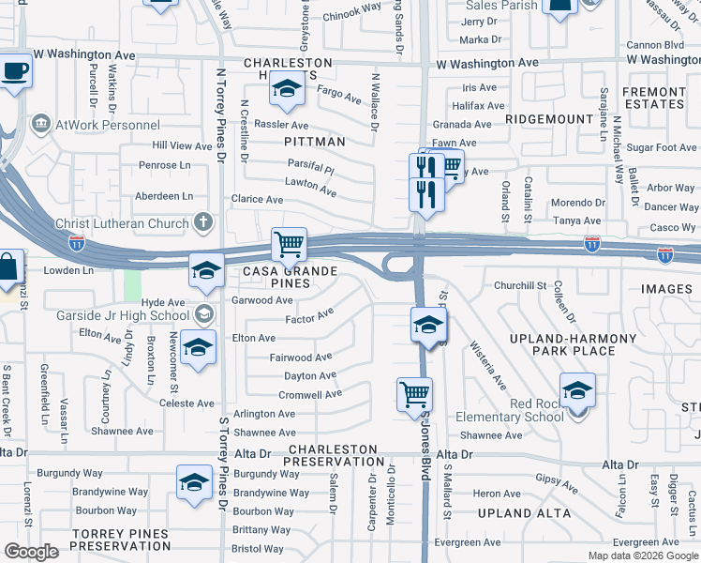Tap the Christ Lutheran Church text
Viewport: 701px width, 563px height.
tap(123, 223)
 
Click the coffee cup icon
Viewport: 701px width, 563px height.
tap(15, 72)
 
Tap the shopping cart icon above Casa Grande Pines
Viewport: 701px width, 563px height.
tap(290, 245)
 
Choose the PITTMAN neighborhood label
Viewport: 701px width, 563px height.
tap(315, 142)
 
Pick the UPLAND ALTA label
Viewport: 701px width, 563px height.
tap(524, 513)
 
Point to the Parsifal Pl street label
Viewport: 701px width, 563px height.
tap(311, 167)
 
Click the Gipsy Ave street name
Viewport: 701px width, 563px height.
tap(557, 482)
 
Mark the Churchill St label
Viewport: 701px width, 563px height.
tap(520, 285)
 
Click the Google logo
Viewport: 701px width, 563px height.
tap(32, 552)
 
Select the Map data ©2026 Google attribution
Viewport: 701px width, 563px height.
tap(642, 555)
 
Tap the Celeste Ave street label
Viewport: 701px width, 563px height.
tap(187, 403)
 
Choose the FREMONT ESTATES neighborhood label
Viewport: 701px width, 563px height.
tap(653, 99)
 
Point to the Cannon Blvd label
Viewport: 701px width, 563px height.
tap(655, 44)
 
